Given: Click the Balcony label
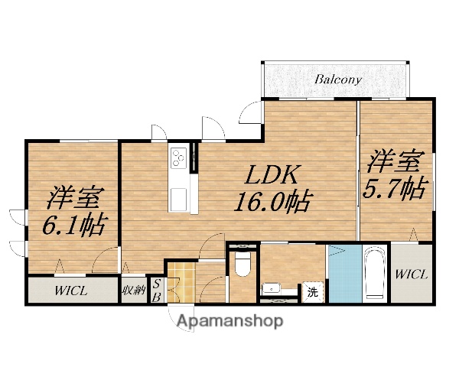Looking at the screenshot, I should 338,79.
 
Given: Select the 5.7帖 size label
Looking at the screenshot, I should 394,188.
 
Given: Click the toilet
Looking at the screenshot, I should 243,265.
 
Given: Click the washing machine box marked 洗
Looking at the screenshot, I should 312,291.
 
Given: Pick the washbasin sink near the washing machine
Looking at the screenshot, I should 272,289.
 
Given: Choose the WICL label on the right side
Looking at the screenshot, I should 412,274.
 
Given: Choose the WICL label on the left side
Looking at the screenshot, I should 71,291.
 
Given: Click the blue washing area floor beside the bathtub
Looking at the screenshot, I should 342,274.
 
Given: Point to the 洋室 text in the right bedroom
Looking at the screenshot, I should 395,162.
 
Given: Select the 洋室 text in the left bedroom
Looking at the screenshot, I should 73,197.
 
